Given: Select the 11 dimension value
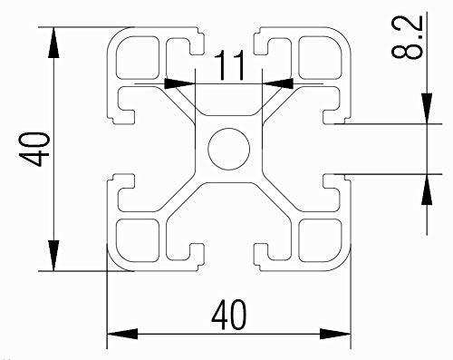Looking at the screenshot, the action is click(230, 64).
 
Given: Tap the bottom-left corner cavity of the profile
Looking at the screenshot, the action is click(138, 238).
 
